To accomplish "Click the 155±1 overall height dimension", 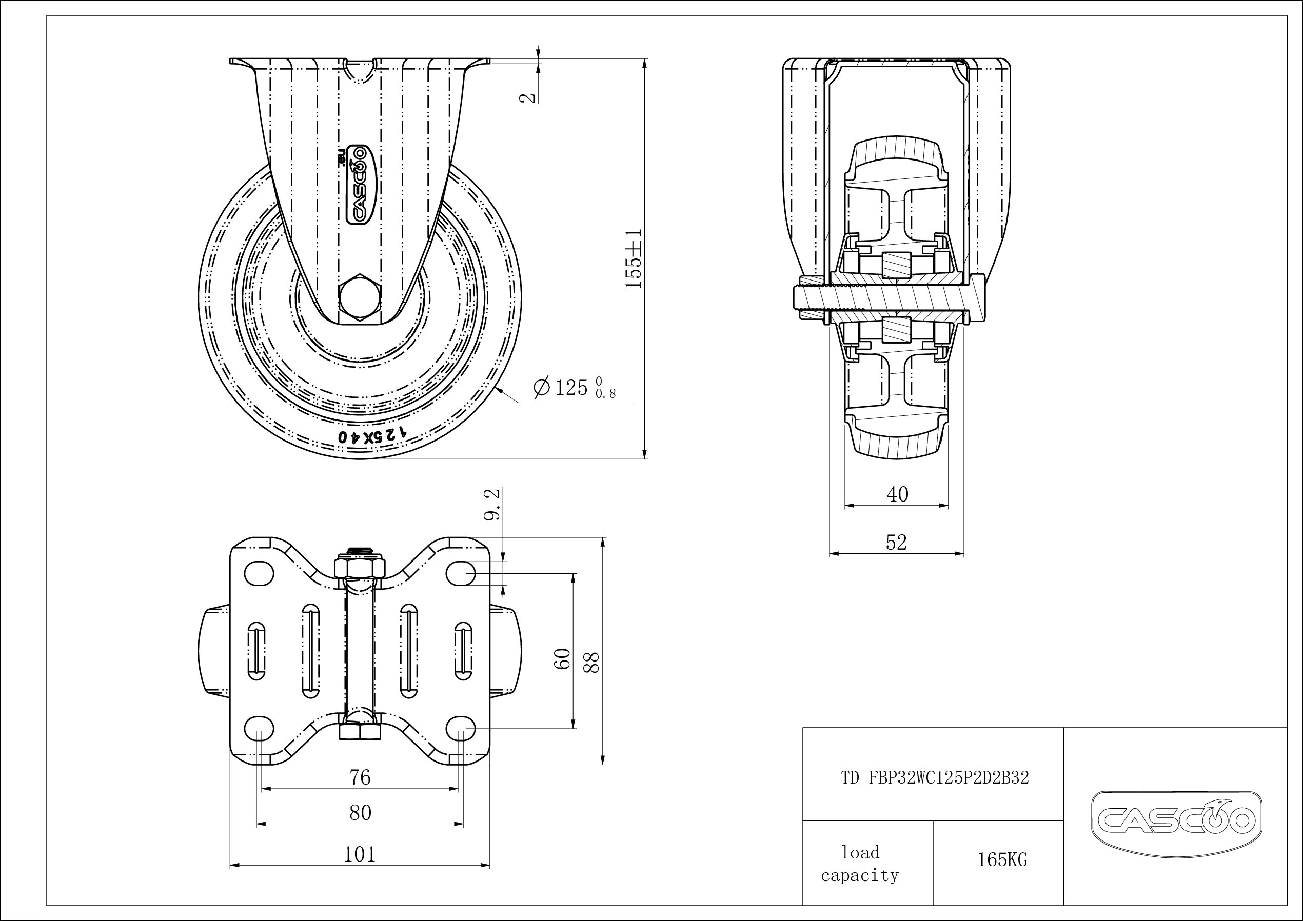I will [634, 259].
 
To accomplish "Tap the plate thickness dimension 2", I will [528, 97].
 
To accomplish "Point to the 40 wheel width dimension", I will [897, 495].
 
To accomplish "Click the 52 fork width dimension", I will [896, 543].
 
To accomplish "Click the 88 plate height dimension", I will [591, 662].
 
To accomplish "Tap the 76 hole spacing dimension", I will [360, 777].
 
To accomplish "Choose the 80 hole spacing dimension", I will [360, 813].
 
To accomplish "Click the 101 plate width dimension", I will [360, 854].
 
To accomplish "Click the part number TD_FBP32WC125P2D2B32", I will [935, 778].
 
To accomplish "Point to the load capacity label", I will [860, 864].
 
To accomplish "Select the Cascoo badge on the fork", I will [360, 184].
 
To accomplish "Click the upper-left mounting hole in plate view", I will [258, 574].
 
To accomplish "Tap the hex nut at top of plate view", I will [360, 567].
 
